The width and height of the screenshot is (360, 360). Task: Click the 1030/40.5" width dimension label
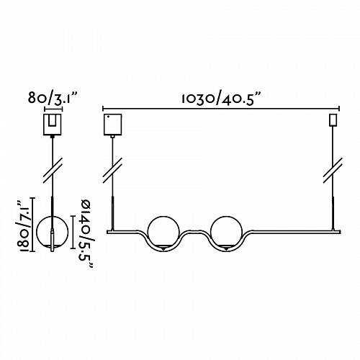click(x=217, y=99)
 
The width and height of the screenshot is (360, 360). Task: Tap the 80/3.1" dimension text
click(x=53, y=98)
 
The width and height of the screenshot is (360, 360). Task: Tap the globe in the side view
click(x=52, y=232)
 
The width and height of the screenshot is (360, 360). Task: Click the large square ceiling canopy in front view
click(x=112, y=124)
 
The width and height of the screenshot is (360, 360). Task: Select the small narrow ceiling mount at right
click(x=333, y=120)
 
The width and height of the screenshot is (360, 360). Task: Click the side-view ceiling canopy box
click(x=53, y=125)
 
